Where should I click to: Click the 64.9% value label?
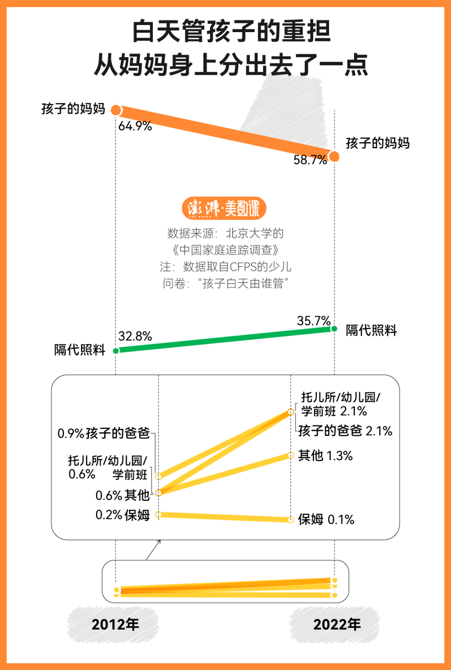click(x=135, y=126)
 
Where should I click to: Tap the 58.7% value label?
click(x=310, y=160)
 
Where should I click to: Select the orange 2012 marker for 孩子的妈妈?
click(x=116, y=110)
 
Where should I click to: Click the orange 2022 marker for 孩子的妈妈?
click(x=334, y=157)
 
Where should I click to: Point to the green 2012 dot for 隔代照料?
click(x=116, y=351)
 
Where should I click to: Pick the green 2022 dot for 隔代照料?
click(x=334, y=329)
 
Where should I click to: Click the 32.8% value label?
click(x=135, y=337)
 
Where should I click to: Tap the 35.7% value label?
click(x=314, y=321)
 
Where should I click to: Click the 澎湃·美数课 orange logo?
click(x=224, y=208)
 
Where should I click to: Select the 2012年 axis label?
click(x=115, y=624)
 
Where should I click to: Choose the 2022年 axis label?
click(x=336, y=624)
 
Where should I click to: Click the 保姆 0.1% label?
click(x=326, y=520)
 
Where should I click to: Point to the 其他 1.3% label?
click(x=325, y=456)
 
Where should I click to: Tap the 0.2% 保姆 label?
click(x=122, y=515)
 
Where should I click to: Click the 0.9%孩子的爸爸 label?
click(x=104, y=433)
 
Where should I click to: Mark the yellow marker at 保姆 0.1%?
click(x=291, y=520)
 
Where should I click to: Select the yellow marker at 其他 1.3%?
click(x=291, y=455)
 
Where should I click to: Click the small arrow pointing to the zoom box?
click(x=153, y=550)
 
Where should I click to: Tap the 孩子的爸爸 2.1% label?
click(x=345, y=431)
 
